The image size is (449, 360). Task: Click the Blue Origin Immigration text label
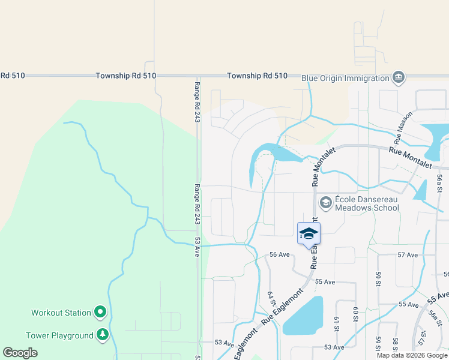click(345, 78)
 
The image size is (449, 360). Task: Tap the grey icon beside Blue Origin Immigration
click(398, 77)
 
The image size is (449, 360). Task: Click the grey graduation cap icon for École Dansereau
click(326, 203)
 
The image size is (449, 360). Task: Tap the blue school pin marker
click(309, 233)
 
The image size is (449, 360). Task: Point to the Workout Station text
click(61, 313)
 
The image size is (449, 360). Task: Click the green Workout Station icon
click(100, 312)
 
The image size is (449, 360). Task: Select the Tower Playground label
click(59, 335)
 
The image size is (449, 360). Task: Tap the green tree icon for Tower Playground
click(103, 335)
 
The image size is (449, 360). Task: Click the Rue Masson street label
click(403, 123)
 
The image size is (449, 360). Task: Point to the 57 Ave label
click(408, 255)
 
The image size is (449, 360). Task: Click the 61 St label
click(337, 325)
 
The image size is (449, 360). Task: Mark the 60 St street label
click(355, 314)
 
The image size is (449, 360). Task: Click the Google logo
click(20, 353)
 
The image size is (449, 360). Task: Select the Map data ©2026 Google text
click(411, 355)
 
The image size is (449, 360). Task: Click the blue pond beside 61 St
click(303, 315)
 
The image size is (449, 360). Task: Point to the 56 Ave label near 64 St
click(280, 254)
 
